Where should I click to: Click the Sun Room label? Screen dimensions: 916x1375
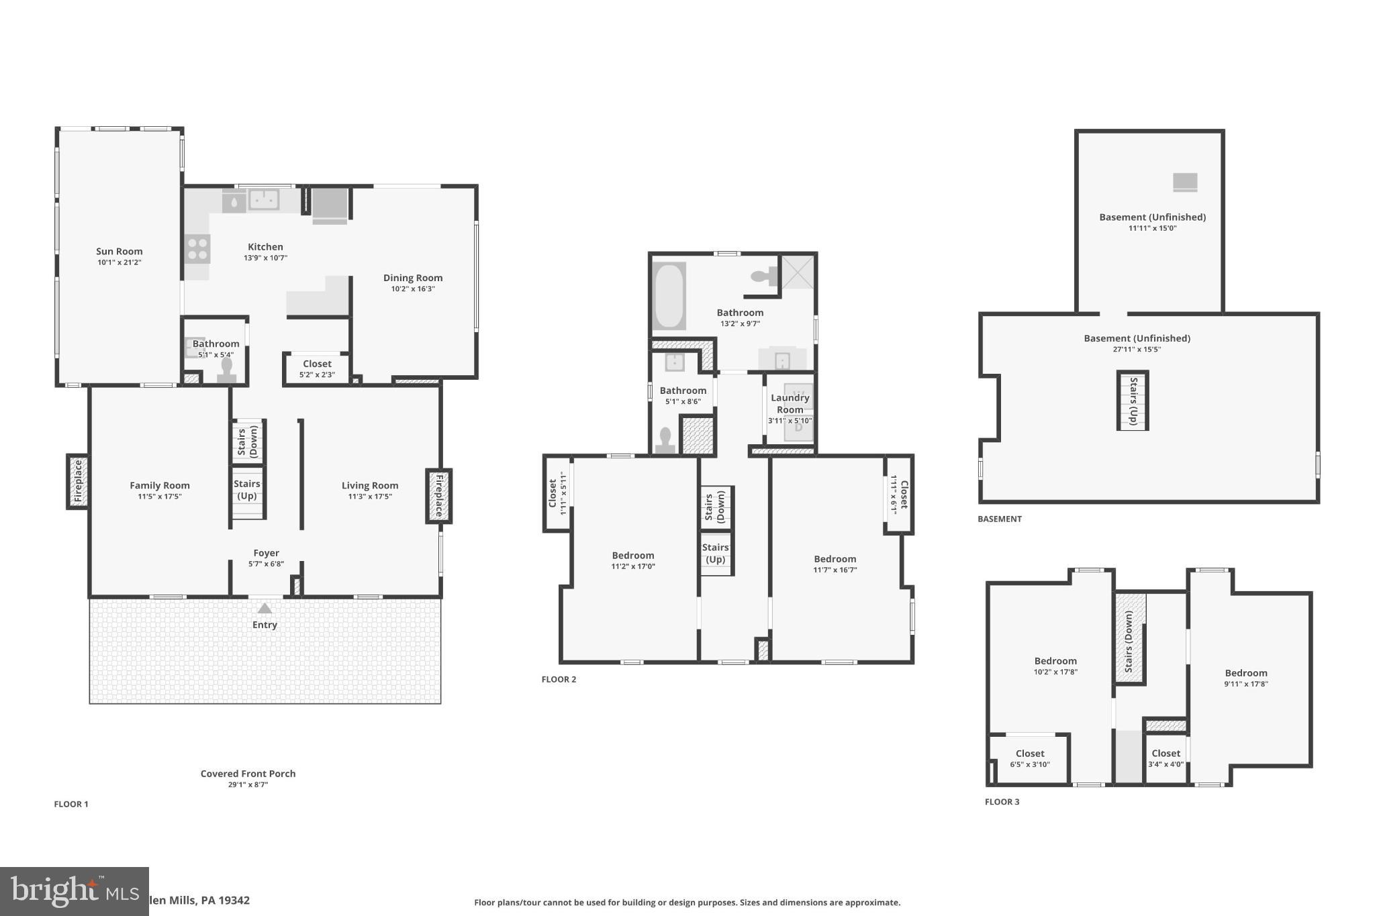(119, 252)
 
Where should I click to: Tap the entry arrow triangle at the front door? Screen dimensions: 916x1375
(265, 608)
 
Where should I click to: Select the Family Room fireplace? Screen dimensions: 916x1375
(77, 481)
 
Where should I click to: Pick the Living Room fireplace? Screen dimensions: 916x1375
(438, 496)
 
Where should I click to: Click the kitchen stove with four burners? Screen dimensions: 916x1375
(197, 248)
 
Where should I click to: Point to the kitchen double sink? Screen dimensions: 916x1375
(264, 199)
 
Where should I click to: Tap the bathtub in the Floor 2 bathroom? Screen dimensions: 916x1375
(669, 296)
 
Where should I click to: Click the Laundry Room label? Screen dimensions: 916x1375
(790, 404)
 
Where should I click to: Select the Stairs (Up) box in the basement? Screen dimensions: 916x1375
(1133, 401)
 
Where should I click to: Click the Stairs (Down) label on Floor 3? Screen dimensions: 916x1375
(1129, 642)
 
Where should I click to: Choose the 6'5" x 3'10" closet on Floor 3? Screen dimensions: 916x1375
(1030, 759)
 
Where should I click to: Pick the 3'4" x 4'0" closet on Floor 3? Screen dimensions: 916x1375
(1166, 759)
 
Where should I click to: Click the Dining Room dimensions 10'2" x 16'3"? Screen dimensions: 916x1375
(413, 289)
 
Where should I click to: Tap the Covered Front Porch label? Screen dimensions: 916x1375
(248, 774)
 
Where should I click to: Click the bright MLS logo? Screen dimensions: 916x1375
(74, 891)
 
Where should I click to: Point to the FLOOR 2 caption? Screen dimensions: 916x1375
(559, 679)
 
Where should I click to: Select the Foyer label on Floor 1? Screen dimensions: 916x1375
(266, 553)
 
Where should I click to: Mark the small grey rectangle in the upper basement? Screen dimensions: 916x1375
(1185, 182)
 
